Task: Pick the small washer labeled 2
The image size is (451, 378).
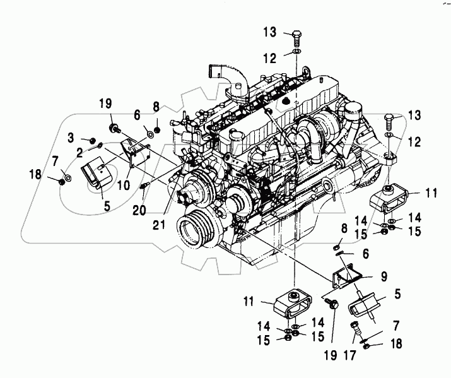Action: (100, 147)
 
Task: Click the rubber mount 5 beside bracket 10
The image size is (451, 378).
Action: (96, 174)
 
